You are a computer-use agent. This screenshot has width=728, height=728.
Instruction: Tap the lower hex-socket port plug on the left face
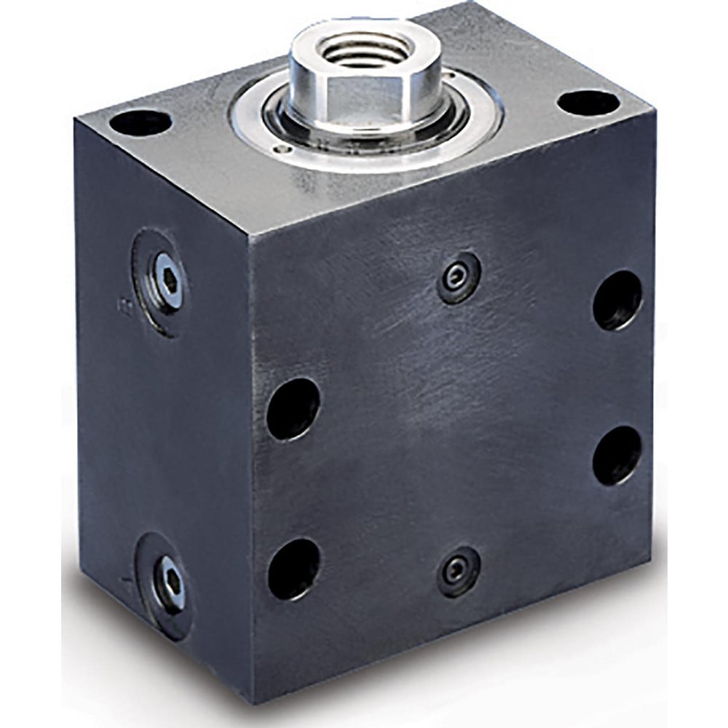(x=170, y=582)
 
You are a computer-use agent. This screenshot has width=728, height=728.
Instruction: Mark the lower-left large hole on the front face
(x=293, y=569)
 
